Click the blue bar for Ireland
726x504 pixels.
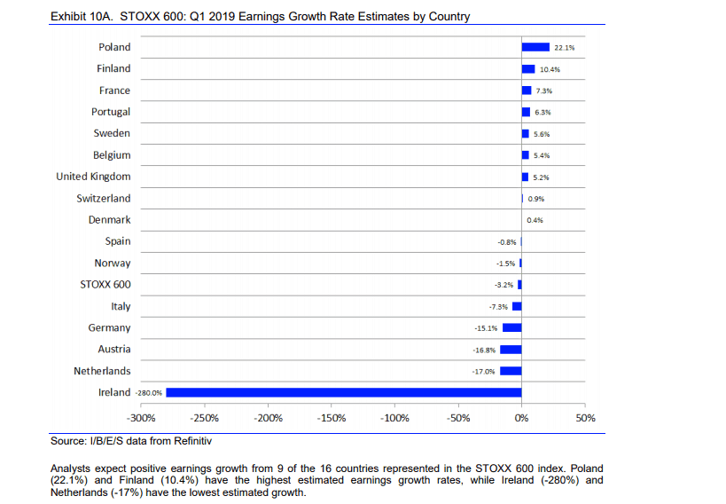tap(344, 392)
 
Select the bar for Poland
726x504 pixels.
tap(535, 47)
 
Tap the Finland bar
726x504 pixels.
tap(528, 68)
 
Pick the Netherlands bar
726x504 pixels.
tap(511, 371)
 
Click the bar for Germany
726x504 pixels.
tap(511, 327)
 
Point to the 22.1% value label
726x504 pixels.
tap(565, 47)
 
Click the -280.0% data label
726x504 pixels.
tap(149, 392)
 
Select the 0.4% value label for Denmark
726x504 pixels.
tap(535, 220)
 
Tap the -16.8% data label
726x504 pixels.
tap(484, 350)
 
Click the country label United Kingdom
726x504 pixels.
tap(93, 177)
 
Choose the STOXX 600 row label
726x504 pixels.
tap(105, 285)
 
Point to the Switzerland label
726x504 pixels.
tap(103, 198)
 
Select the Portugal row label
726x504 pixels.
tap(111, 112)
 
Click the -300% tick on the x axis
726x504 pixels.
tap(142, 417)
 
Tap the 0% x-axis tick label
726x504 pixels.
tap(522, 417)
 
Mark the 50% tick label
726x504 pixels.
tap(586, 417)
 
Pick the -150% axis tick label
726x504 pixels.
tap(332, 417)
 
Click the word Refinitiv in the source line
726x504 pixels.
tap(193, 441)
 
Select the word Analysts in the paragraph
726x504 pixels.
tap(74, 469)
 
